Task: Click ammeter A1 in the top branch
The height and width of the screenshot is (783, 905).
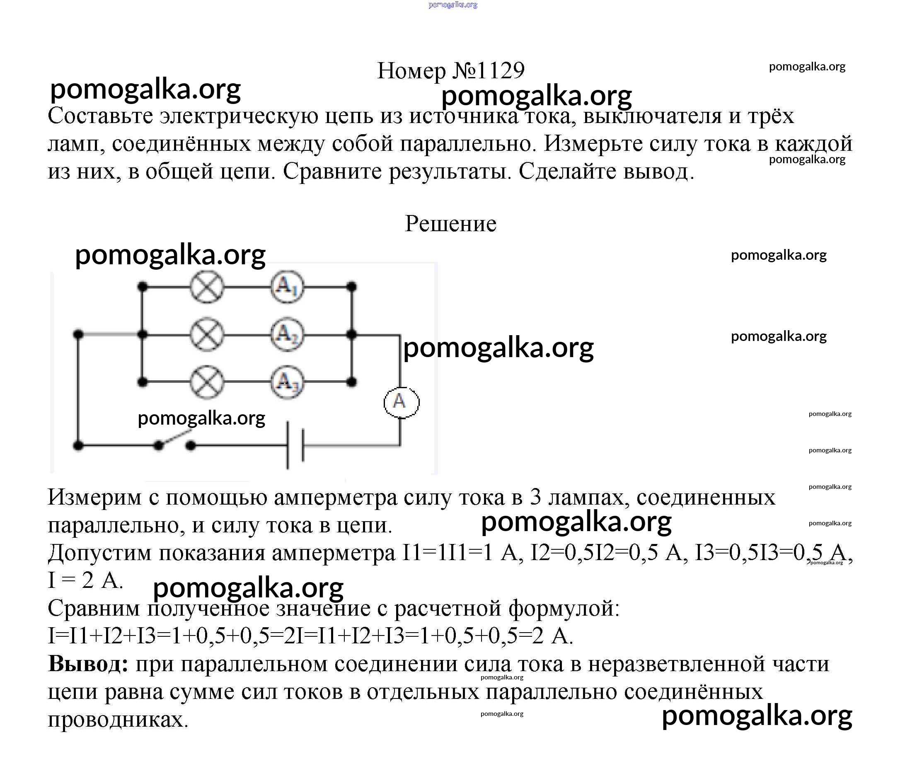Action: point(287,287)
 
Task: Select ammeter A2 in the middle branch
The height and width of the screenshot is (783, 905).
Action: point(287,335)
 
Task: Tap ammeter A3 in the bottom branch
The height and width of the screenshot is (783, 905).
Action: point(287,382)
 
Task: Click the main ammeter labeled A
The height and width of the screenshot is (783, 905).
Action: point(401,402)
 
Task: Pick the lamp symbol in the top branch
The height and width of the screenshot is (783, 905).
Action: point(207,287)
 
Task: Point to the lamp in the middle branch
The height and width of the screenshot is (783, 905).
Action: point(207,335)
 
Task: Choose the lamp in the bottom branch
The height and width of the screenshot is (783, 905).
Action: point(207,382)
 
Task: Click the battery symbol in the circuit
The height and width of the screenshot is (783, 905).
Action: point(295,445)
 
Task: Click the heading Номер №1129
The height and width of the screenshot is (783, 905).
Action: point(450,70)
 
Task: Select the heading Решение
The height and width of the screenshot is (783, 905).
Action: point(450,224)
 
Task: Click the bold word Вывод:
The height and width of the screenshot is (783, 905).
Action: point(88,664)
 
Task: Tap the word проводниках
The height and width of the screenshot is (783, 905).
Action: point(118,720)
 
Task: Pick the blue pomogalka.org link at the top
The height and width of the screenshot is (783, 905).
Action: point(453,5)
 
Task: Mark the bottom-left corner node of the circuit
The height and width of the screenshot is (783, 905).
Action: point(78,446)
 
